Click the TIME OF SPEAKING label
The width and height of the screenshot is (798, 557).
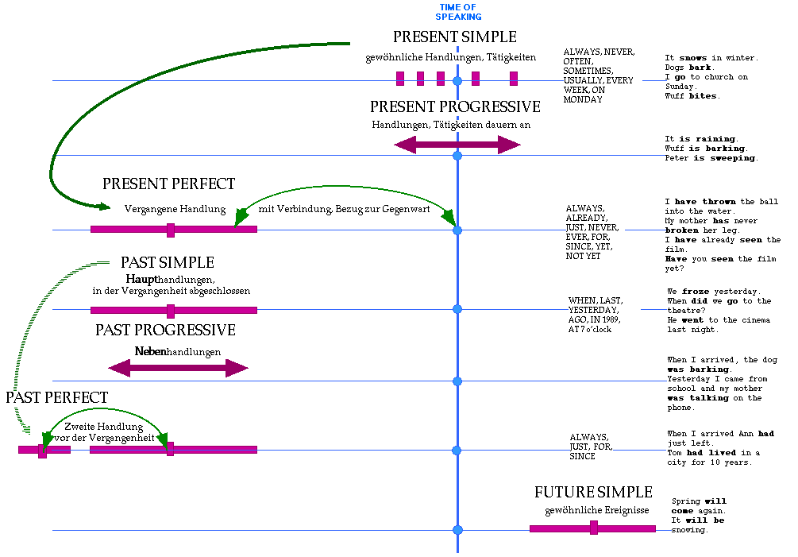(460, 12)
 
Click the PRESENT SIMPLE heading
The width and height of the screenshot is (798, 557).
(454, 37)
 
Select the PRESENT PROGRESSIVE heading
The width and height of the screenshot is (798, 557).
(455, 107)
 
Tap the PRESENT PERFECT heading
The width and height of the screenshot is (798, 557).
(169, 184)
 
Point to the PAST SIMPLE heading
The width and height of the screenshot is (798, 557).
(168, 262)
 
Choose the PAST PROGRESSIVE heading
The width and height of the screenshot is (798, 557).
(165, 330)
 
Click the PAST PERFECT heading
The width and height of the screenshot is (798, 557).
(57, 397)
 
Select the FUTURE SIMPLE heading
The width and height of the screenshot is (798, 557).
(593, 493)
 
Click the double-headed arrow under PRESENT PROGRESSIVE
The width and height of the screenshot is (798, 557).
(457, 145)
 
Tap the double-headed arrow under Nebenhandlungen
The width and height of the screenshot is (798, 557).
(178, 368)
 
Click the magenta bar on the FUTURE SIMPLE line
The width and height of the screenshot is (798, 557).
(592, 528)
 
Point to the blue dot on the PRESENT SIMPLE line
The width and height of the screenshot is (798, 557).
(457, 81)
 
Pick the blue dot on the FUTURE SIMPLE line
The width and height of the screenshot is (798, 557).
(457, 530)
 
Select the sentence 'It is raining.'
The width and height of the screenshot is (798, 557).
(701, 139)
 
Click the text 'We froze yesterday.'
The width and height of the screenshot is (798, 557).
(714, 292)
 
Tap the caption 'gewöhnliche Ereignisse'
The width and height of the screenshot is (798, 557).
(597, 510)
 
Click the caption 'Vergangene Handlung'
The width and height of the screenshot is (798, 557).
(175, 210)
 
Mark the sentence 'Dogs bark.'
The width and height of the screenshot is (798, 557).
(688, 68)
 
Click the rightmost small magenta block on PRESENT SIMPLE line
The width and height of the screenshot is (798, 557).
(514, 78)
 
